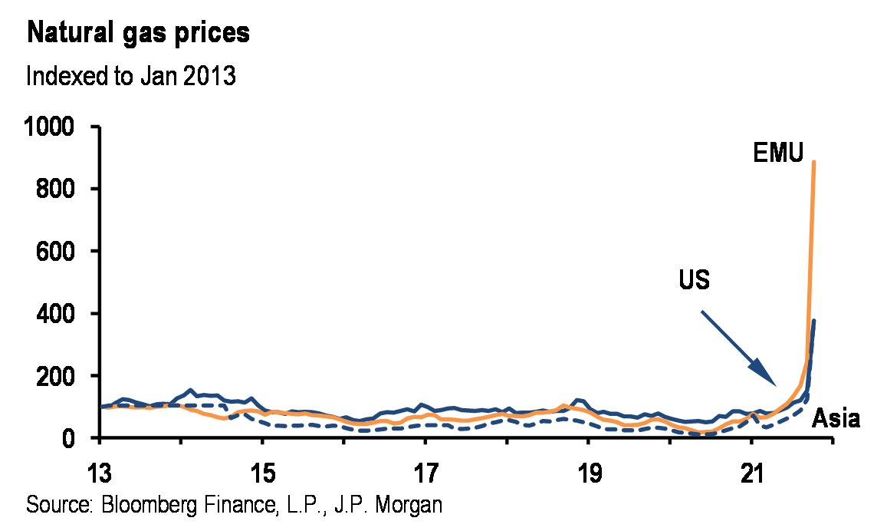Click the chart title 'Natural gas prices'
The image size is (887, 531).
(138, 35)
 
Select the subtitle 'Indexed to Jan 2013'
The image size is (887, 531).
(130, 77)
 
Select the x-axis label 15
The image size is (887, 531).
(262, 469)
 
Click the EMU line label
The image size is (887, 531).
(777, 153)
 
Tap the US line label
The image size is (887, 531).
(694, 281)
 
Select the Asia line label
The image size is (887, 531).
(836, 420)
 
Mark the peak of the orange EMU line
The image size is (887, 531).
(813, 162)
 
